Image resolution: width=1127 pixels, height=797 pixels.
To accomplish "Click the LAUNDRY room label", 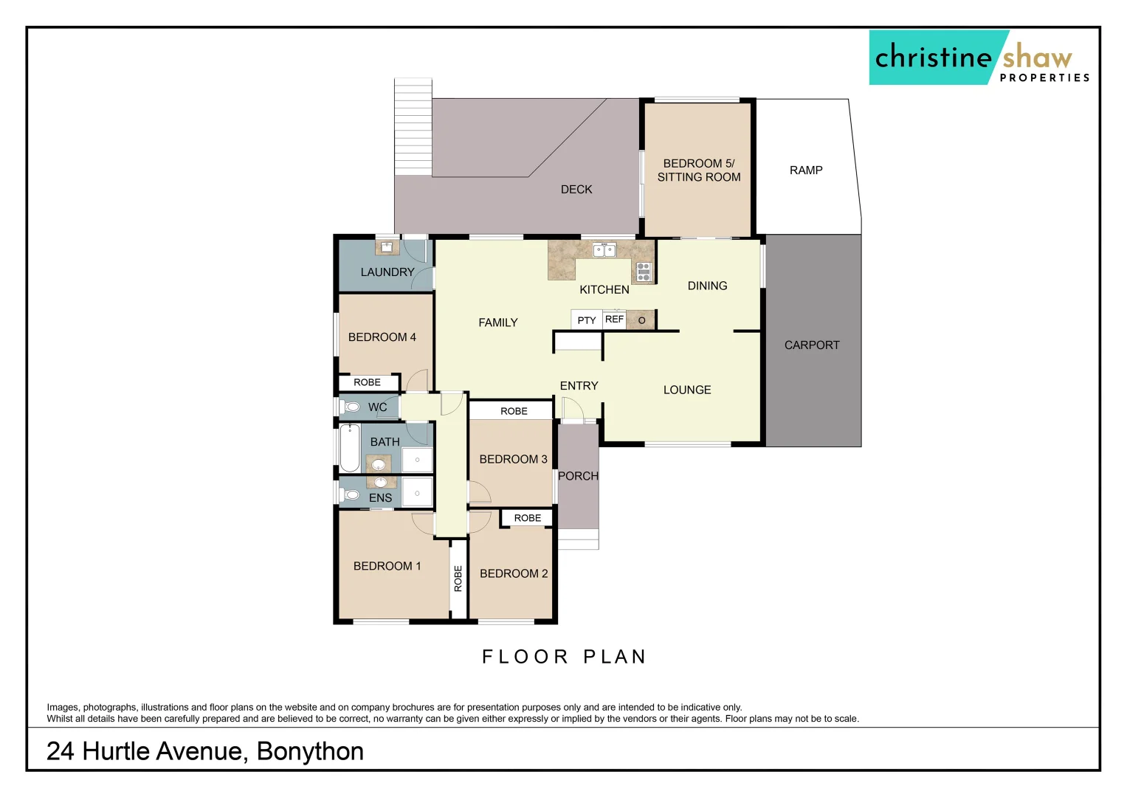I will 387,272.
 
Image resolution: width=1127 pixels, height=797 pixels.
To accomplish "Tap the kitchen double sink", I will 604,250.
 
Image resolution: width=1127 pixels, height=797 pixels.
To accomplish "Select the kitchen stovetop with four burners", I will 644,272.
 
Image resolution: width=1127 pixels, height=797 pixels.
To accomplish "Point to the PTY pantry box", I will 587,320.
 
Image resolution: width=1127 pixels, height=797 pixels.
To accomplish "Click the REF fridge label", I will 614,320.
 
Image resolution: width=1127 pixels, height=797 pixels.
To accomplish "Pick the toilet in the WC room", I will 352,407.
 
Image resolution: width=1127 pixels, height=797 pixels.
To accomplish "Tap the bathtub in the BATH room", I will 350,447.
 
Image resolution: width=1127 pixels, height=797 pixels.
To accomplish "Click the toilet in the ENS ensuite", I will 351,494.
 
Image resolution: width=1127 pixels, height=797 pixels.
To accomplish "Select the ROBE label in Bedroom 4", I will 367,382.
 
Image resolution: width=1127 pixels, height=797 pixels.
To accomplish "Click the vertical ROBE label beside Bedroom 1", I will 458,579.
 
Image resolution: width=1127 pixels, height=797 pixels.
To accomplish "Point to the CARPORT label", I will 812,345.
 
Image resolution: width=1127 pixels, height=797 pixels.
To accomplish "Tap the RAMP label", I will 806,170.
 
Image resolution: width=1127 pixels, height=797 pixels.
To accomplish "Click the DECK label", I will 576,190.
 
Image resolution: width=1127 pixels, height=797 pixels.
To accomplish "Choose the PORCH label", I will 578,476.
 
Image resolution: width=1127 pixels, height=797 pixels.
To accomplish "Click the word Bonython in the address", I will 310,751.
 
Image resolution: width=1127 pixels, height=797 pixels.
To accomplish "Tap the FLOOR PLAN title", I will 564,657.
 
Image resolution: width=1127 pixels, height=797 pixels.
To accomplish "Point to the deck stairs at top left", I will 413,126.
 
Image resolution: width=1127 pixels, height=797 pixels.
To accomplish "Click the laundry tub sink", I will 387,246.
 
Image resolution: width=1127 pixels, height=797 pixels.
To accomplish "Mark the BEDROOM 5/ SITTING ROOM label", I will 699,170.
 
